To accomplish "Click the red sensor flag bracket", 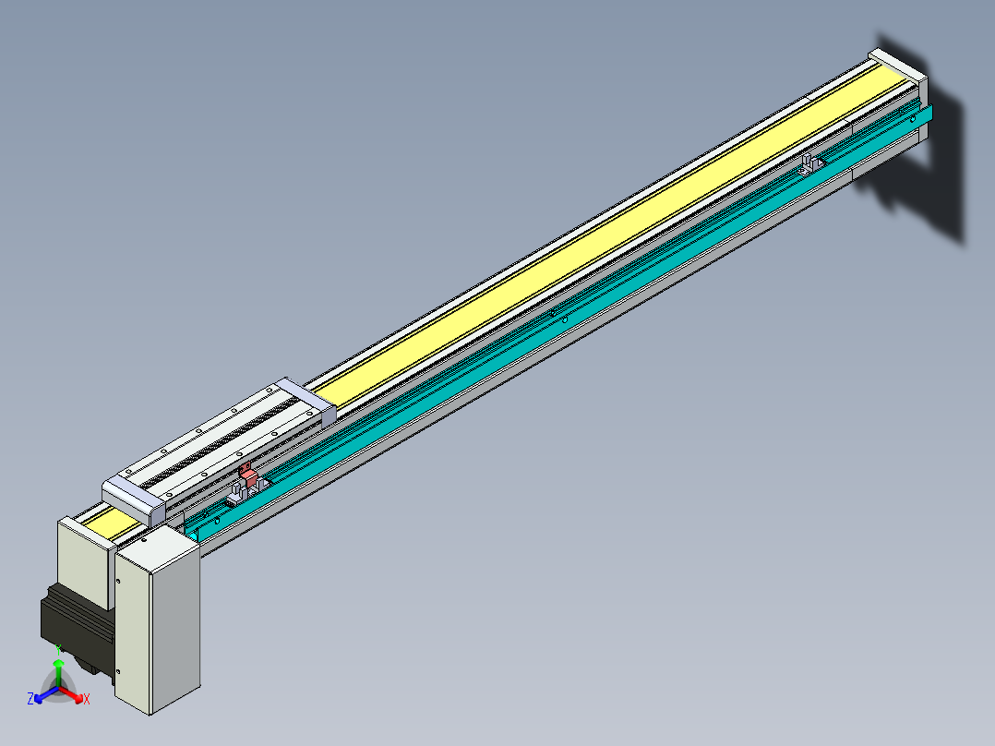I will (x=247, y=475).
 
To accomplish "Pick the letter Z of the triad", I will (x=30, y=699).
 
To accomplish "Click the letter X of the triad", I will (x=87, y=700).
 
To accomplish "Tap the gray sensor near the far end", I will (x=810, y=165).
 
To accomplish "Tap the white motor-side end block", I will (x=83, y=563).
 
